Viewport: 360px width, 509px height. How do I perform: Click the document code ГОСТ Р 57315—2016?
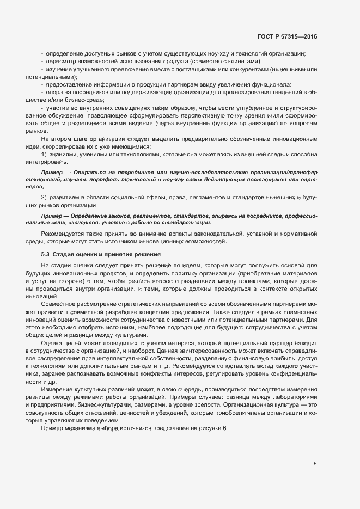point(286,36)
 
